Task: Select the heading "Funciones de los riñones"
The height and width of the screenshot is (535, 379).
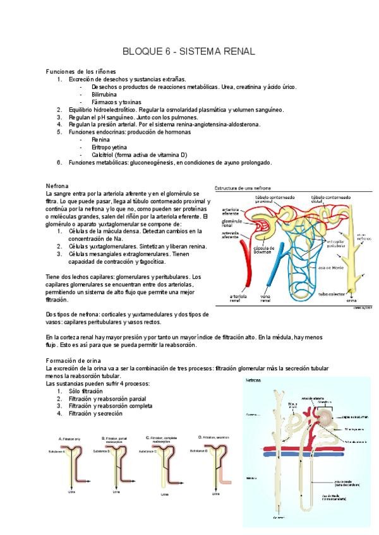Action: [81, 72]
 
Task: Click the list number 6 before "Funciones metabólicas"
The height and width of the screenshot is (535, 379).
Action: [59, 162]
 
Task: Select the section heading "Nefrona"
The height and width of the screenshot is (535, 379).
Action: [57, 186]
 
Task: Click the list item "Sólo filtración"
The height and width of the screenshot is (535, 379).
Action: [85, 391]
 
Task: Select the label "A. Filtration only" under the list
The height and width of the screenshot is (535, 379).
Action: [73, 438]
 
